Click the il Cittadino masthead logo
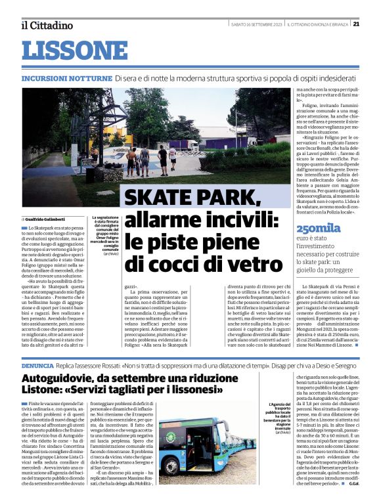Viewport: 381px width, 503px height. (x=47, y=25)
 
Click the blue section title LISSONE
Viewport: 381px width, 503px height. (x=74, y=51)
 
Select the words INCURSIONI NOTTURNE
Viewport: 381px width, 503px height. (x=66, y=78)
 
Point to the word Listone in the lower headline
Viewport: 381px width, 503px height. (x=43, y=390)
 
